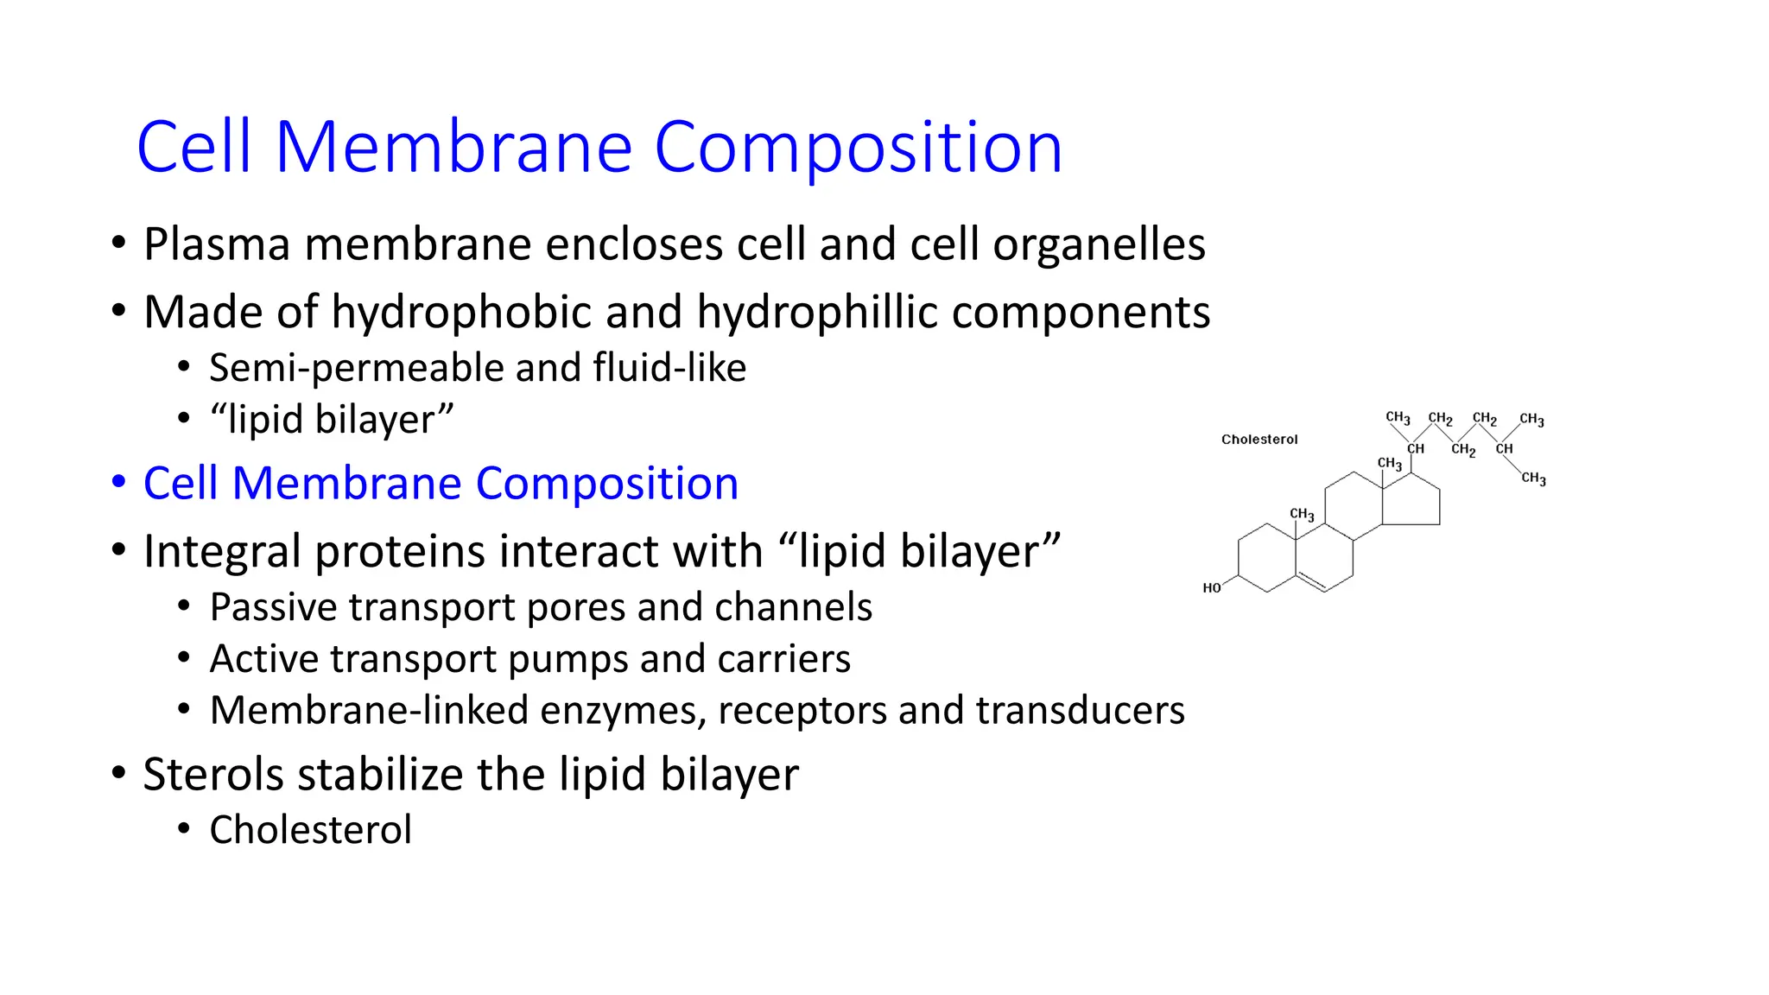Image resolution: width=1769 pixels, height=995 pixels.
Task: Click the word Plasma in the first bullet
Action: click(216, 244)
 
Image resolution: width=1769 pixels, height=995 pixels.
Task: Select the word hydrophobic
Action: click(460, 313)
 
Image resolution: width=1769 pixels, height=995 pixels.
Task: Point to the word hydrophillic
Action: click(816, 313)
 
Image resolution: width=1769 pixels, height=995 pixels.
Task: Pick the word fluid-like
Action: click(669, 368)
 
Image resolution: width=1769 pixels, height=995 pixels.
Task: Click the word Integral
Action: click(222, 552)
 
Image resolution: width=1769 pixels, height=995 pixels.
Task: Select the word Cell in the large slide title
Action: click(193, 148)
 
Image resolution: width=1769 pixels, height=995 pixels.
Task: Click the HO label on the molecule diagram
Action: click(1212, 588)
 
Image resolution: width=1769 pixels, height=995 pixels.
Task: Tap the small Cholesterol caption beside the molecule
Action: click(1259, 440)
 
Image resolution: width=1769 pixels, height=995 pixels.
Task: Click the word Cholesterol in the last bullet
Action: click(310, 830)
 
